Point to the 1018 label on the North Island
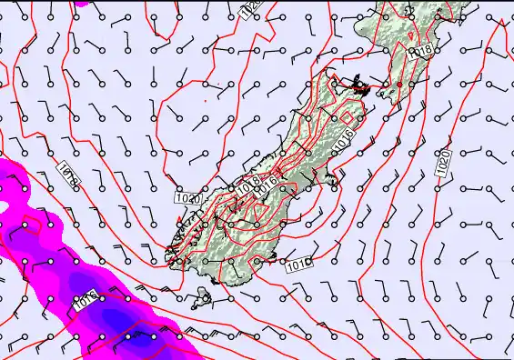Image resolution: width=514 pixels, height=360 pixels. pyautogui.click(x=419, y=53)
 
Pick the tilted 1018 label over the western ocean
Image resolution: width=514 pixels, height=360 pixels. pyautogui.click(x=69, y=175)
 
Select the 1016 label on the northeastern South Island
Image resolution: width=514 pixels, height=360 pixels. pyautogui.click(x=343, y=140)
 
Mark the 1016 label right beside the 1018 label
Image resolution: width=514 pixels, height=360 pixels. pyautogui.click(x=266, y=191)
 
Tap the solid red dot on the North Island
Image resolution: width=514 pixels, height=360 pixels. pyautogui.click(x=399, y=84)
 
